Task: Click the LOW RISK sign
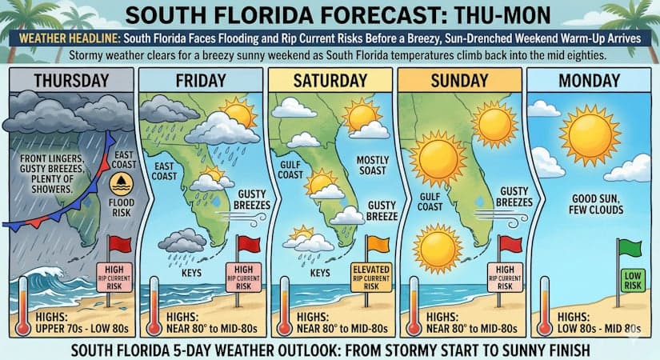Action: click(629, 280)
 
